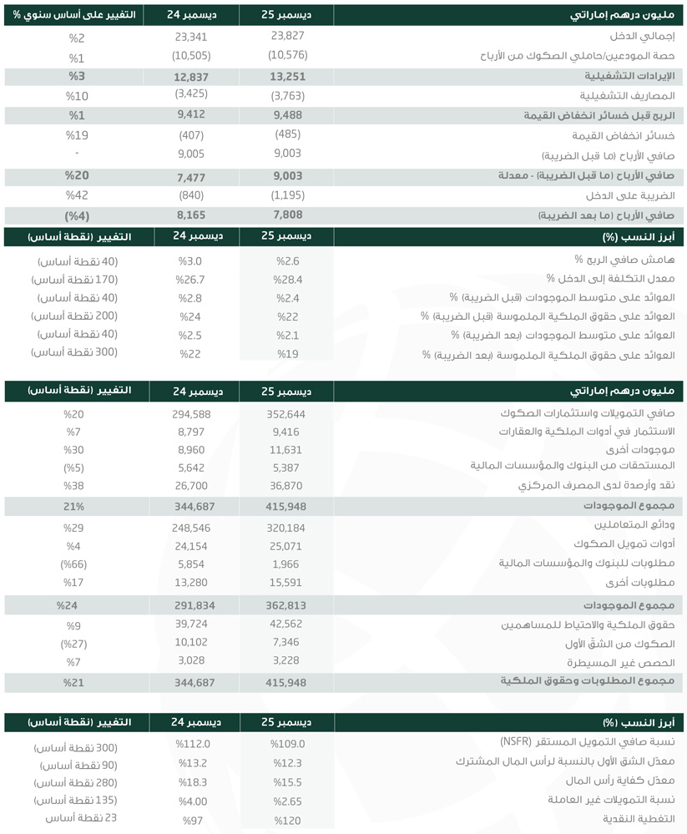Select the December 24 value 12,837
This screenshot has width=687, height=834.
[190, 77]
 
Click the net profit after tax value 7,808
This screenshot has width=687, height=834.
[287, 215]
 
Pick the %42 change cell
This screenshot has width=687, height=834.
[77, 195]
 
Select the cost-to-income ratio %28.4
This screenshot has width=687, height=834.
[287, 279]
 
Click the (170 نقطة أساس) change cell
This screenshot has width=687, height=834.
[73, 279]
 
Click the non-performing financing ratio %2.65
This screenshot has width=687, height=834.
[287, 799]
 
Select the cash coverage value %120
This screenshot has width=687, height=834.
[287, 817]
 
